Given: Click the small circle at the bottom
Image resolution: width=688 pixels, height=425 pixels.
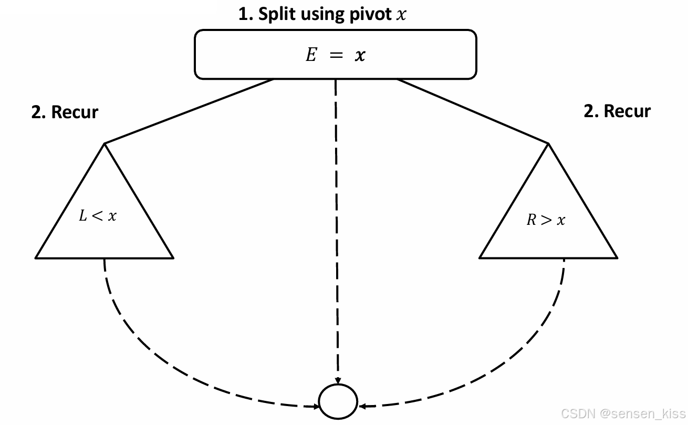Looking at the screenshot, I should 339,402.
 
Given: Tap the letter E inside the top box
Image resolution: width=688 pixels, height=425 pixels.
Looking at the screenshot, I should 311,55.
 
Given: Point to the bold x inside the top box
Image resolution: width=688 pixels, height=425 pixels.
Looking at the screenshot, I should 359,55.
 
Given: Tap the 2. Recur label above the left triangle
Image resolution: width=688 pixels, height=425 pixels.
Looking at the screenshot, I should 65,112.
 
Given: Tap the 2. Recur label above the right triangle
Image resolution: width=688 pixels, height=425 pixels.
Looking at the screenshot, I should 617,111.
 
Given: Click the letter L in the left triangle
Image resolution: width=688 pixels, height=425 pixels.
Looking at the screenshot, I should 83,216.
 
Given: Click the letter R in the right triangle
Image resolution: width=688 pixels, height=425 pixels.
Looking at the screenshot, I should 531,220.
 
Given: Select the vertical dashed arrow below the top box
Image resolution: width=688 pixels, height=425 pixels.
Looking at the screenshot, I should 336,231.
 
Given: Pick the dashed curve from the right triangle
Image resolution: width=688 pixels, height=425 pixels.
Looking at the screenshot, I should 515,368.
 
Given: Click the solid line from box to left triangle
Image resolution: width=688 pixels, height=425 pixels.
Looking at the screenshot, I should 189,111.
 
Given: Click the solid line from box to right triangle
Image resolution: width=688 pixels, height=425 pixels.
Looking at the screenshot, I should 473,111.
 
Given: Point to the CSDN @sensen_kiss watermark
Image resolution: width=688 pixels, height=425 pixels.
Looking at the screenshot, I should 623,413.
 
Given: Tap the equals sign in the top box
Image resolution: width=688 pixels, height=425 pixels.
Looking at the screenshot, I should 336,55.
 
